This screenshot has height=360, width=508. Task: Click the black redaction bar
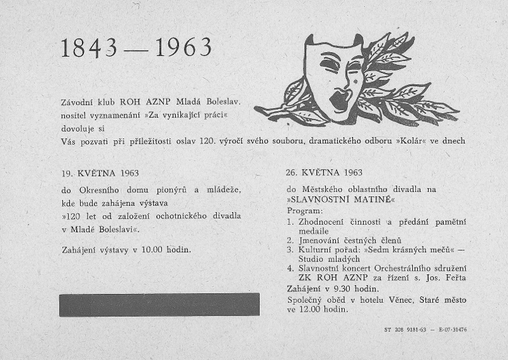(x=159, y=305)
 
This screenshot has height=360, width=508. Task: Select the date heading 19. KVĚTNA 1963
(x=100, y=173)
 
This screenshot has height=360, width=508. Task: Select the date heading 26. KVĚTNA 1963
(x=324, y=173)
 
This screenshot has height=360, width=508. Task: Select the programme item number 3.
(x=290, y=250)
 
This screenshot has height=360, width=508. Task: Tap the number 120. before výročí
(x=207, y=140)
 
